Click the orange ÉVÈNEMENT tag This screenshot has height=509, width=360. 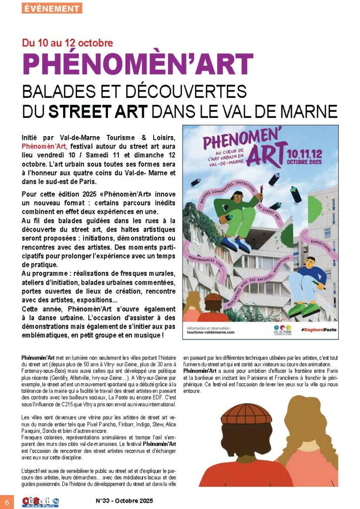[x=52, y=8]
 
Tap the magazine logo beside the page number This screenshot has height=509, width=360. [x=40, y=501]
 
